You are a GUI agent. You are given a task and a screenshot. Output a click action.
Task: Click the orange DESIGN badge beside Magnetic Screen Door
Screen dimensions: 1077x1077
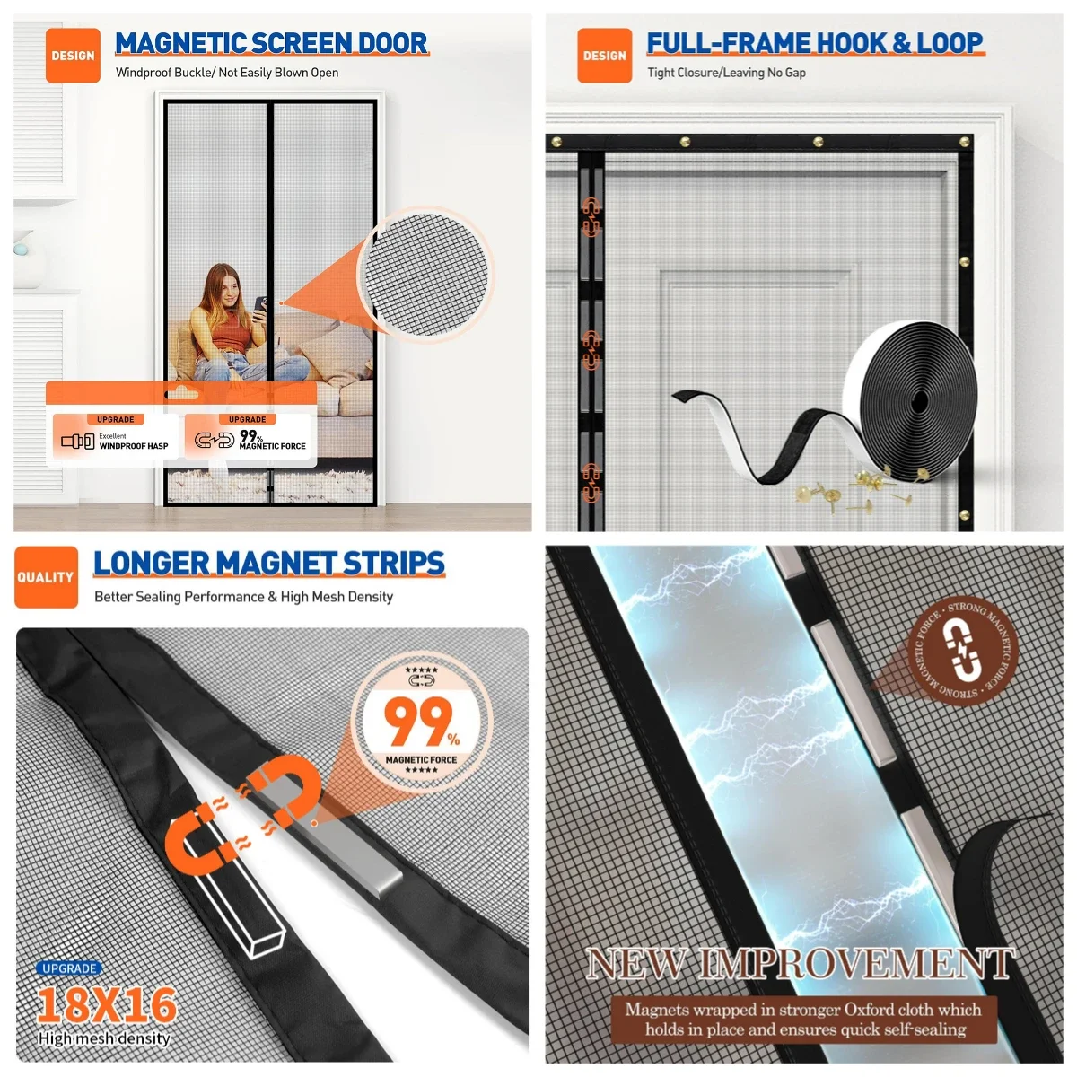coord(73,56)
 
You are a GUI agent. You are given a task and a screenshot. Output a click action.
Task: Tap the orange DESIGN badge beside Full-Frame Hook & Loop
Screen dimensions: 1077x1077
coord(604,56)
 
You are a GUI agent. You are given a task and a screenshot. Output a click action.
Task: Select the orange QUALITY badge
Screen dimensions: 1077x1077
coord(46,577)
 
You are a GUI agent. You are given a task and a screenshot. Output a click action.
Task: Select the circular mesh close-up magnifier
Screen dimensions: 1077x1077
coord(425,274)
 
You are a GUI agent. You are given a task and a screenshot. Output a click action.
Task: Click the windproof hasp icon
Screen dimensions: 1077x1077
coord(78,441)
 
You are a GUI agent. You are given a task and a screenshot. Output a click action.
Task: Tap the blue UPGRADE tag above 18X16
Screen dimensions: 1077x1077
coord(69,968)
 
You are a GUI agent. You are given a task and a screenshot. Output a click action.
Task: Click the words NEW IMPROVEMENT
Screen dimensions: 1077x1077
coord(801,963)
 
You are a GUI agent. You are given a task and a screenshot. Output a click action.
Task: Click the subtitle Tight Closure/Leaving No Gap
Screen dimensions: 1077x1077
coord(726,73)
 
